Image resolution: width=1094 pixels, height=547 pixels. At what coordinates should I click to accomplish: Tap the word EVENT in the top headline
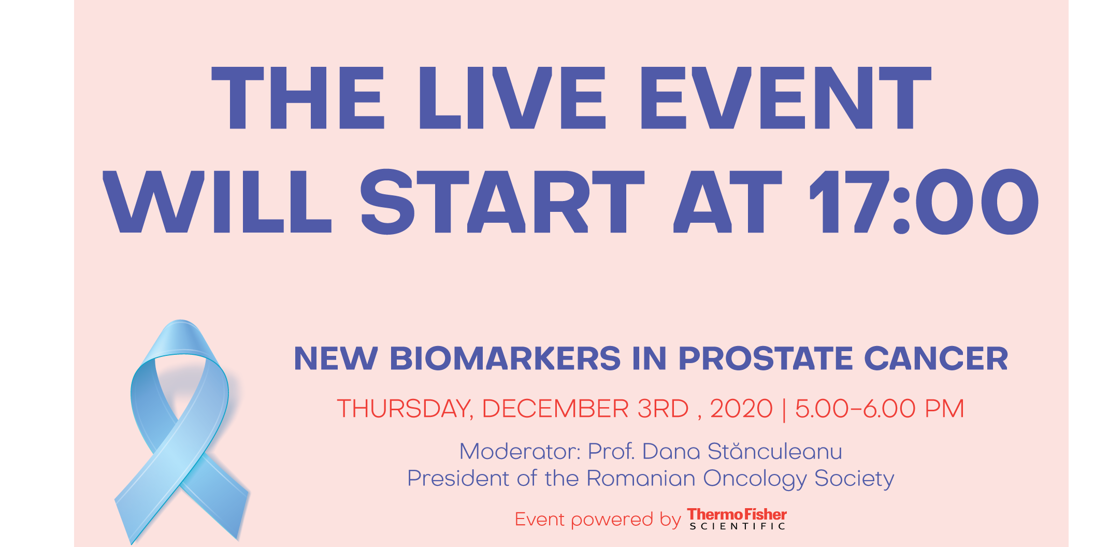786,98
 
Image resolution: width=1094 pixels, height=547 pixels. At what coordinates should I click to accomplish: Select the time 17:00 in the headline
924,201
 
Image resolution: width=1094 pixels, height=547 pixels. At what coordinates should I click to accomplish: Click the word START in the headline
502,201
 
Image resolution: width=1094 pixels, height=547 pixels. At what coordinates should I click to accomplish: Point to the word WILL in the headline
218,201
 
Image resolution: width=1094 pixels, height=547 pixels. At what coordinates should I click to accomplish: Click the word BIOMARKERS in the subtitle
505,358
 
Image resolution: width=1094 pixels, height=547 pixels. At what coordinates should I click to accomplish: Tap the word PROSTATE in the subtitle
766,358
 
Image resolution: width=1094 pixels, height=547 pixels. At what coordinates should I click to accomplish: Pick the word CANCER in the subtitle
936,358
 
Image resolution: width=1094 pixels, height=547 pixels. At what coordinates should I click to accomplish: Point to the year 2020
741,409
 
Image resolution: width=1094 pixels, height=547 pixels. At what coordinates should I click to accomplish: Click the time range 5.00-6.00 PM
880,409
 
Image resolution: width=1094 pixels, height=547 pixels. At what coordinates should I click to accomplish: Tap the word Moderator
520,452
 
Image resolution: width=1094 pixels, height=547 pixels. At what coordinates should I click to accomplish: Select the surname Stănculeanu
775,451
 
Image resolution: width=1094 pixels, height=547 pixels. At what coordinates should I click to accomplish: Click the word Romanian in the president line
641,478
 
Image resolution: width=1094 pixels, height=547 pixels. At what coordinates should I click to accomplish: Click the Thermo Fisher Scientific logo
737,519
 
